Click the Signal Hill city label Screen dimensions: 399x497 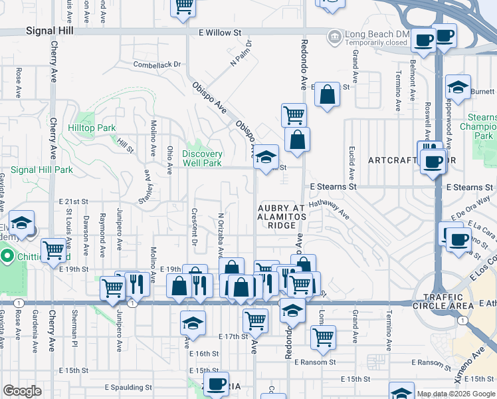49,31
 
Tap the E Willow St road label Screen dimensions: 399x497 219,32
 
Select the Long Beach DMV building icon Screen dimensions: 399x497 334,35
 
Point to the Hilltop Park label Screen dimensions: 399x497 96,128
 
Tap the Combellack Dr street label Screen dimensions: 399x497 157,65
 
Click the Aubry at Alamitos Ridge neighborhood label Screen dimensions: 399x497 280,217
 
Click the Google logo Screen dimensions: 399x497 22,391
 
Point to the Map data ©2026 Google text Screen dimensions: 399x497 455,394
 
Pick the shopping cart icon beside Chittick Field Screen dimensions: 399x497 53,251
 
